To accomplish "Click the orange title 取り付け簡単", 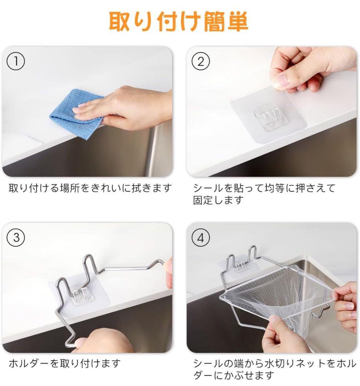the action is pos(179,22).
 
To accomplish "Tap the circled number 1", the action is pos(16,61).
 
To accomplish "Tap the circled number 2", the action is pos(201,61).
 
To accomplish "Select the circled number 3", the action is pos(16,238).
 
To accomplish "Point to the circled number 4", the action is pos(201,238).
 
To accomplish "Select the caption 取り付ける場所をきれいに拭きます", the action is pos(90,188).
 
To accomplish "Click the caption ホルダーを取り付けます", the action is pos(65,363).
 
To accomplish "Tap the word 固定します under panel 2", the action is pos(218,200).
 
